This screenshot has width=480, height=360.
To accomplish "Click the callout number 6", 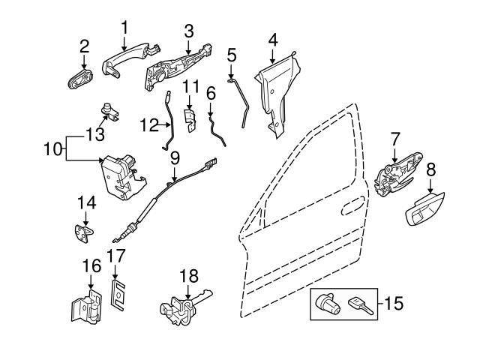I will [x=210, y=93].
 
